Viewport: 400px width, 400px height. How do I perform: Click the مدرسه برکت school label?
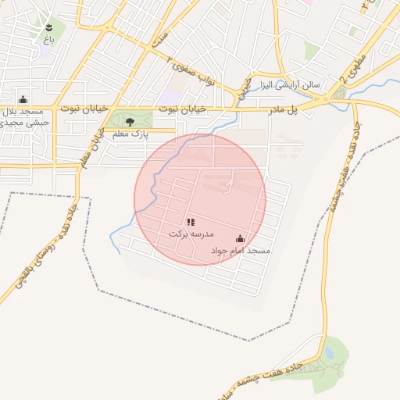coord(191,234)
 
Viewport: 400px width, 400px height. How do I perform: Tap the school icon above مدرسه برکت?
coord(191,223)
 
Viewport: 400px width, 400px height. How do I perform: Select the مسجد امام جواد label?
coord(240,251)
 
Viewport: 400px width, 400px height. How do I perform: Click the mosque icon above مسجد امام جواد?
coord(240,239)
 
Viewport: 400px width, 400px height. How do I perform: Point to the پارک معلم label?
coord(130,135)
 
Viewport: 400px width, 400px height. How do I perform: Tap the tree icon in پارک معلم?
coord(130,122)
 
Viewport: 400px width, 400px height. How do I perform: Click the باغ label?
coord(48,37)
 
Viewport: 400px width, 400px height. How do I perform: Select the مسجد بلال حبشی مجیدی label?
coord(27,116)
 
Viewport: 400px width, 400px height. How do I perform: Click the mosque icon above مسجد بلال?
coord(23,99)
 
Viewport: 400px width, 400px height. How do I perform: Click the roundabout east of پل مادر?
coord(325,102)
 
